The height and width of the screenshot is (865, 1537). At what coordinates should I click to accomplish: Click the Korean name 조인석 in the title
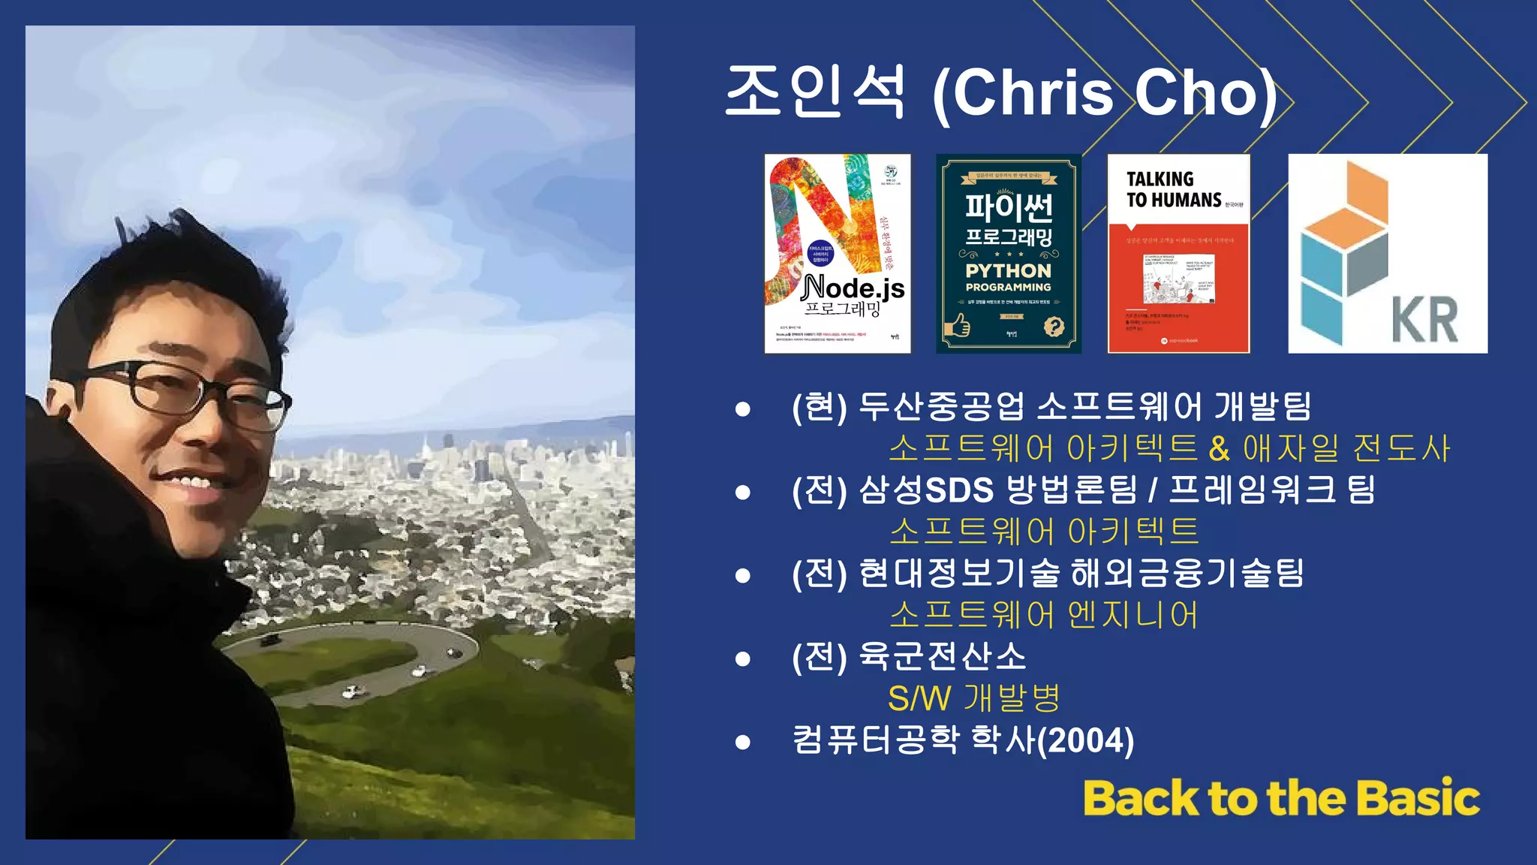pyautogui.click(x=816, y=92)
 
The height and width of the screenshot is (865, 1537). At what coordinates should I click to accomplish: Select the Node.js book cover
pyautogui.click(x=838, y=253)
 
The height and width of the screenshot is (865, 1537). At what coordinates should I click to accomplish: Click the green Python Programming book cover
pyautogui.click(x=1009, y=253)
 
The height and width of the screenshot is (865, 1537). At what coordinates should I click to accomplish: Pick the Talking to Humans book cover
pyautogui.click(x=1178, y=253)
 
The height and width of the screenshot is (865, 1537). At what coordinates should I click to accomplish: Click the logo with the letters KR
pyautogui.click(x=1388, y=253)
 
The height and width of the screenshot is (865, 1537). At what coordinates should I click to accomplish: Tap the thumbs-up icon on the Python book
pyautogui.click(x=958, y=326)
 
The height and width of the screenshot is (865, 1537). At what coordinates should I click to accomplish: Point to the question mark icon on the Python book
pyautogui.click(x=1054, y=327)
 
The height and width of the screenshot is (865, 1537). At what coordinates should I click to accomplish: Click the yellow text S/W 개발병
pyautogui.click(x=974, y=698)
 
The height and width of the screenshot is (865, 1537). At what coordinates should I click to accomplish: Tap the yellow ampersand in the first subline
pyautogui.click(x=1219, y=448)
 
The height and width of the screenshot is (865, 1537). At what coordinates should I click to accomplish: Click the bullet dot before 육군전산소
pyautogui.click(x=743, y=659)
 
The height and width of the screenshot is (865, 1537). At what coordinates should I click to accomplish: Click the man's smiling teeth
pyautogui.click(x=188, y=481)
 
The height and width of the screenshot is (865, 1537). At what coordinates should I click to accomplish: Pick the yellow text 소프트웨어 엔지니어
pyautogui.click(x=1043, y=615)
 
